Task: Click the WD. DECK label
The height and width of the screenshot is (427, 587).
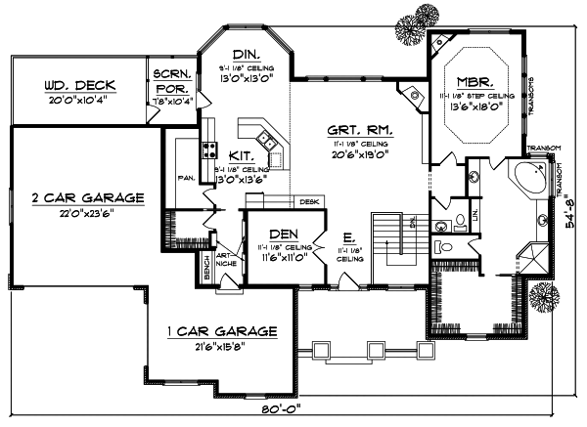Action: coord(73,84)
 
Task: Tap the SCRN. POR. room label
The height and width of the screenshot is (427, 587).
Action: coord(171,79)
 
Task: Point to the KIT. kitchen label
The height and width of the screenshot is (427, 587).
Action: coord(242,155)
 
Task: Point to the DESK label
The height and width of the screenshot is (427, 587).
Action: coord(309,202)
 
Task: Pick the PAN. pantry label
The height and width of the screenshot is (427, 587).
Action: coord(185,179)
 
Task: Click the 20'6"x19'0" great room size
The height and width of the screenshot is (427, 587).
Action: coord(332,153)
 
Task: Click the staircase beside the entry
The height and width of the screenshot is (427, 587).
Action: coord(395,240)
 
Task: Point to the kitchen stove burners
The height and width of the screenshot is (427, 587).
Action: coord(208,149)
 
